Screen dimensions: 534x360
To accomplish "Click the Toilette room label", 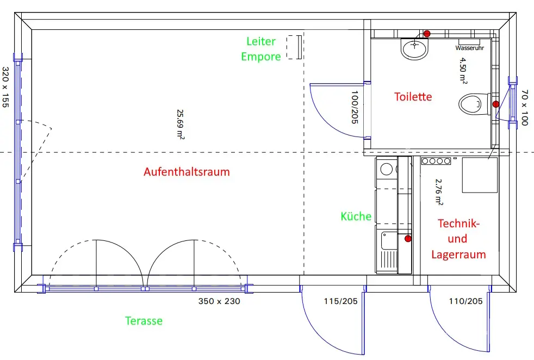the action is click(413, 97).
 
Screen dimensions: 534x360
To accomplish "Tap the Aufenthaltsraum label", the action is click(187, 172).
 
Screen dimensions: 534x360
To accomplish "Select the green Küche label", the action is click(356, 216).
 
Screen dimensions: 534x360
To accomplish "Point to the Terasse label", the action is click(144, 321).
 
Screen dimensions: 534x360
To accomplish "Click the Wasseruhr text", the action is click(470, 48).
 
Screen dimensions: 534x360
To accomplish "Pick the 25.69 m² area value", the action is click(180, 125).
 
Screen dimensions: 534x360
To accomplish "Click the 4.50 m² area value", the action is click(463, 70).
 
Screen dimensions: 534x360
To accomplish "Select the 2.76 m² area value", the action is click(439, 192).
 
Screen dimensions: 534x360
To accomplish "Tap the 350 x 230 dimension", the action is click(219, 301).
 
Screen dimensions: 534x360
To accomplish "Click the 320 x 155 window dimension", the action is click(5, 87).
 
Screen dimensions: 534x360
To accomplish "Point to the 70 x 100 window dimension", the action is click(524, 108).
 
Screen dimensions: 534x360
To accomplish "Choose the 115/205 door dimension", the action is click(340, 301).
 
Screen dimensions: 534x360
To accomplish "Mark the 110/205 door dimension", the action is click(465, 301).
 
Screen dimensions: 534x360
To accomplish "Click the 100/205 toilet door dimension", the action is click(355, 107).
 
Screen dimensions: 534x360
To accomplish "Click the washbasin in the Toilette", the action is click(414, 49).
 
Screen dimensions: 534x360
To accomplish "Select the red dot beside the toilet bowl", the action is click(496, 104).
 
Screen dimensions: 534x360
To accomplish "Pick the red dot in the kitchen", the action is click(408, 239).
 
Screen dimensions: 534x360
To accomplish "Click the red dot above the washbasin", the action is click(427, 33).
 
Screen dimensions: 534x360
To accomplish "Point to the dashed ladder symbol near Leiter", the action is click(294, 47).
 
